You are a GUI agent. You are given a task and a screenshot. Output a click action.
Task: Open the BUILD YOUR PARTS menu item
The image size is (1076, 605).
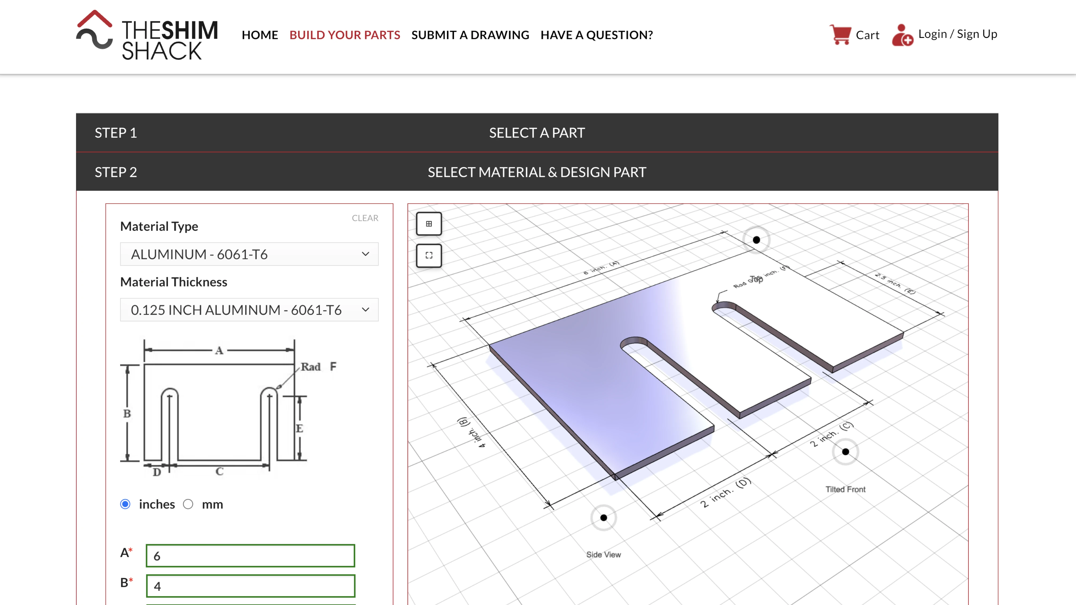click(x=345, y=35)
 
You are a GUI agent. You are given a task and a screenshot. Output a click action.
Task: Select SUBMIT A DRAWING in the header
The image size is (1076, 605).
click(x=470, y=35)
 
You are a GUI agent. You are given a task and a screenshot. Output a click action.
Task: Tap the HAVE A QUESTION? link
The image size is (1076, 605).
click(x=596, y=35)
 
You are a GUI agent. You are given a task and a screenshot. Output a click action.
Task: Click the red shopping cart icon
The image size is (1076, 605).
click(x=840, y=35)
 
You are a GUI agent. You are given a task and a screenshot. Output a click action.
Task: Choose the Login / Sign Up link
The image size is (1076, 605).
click(x=957, y=34)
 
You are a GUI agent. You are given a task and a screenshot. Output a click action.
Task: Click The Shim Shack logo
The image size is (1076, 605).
click(x=147, y=35)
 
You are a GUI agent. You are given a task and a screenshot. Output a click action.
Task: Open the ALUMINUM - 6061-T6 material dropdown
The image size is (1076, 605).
click(x=249, y=254)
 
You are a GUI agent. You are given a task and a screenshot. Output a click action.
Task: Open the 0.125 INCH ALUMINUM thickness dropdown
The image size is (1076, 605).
click(x=249, y=309)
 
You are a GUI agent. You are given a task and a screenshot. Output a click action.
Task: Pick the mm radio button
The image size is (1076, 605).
click(x=188, y=504)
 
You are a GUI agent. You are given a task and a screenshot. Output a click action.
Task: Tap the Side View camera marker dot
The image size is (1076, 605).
click(x=603, y=518)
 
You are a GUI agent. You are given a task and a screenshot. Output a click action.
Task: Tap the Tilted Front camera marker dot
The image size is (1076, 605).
click(x=845, y=452)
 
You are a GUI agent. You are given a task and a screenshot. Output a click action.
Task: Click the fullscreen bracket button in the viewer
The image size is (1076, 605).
click(x=429, y=255)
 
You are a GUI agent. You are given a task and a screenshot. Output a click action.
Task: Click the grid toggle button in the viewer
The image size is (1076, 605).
click(x=429, y=224)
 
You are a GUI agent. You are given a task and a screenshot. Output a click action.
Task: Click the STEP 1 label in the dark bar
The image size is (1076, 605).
click(x=116, y=133)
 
